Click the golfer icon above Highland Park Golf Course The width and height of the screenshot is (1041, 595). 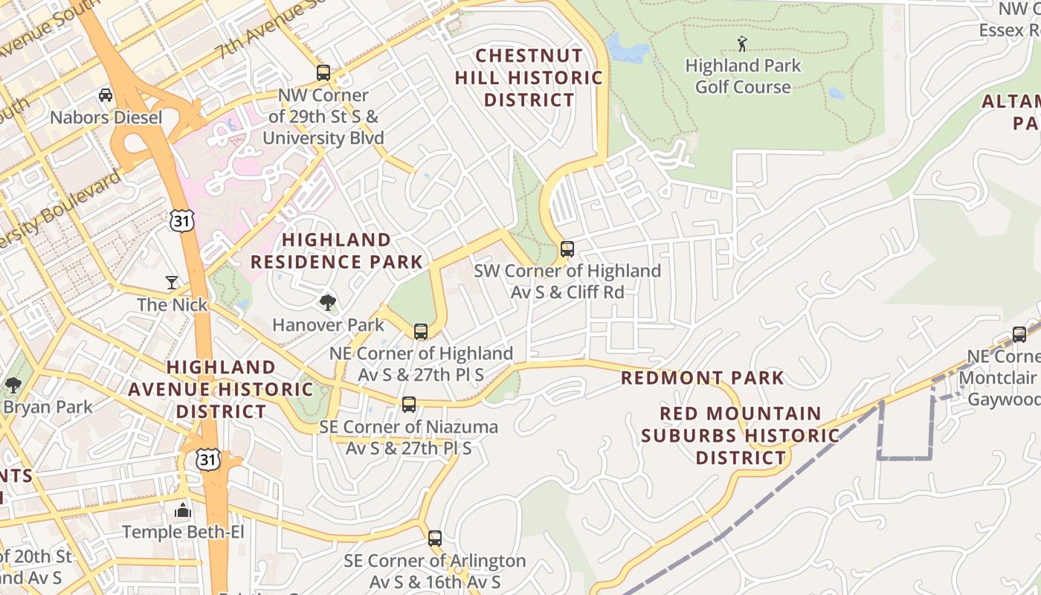[x=741, y=44]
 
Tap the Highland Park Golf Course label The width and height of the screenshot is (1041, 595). [x=743, y=76]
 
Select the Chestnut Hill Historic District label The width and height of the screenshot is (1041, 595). [x=529, y=77]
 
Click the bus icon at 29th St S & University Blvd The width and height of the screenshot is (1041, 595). [x=323, y=73]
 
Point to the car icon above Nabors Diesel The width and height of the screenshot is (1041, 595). [x=106, y=95]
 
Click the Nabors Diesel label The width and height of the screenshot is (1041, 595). [x=106, y=118]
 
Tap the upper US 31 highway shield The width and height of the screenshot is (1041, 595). [x=182, y=219]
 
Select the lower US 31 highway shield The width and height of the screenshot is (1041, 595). [x=209, y=459]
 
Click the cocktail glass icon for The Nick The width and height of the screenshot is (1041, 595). [x=173, y=283]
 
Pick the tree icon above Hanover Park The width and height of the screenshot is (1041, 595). [x=327, y=302]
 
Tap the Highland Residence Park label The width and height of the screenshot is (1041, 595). [x=336, y=251]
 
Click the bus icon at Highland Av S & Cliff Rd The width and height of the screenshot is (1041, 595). [x=567, y=249]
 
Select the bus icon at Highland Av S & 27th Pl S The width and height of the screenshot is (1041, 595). [x=421, y=332]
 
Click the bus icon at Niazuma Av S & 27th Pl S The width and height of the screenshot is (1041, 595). [x=409, y=405]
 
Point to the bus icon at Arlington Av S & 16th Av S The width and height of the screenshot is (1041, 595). [x=435, y=538]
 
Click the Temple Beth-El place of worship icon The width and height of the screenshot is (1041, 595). [x=182, y=510]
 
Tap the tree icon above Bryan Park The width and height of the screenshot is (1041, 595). [x=13, y=385]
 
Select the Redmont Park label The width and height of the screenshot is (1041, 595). [x=702, y=378]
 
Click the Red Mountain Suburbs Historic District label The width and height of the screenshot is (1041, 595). [x=741, y=435]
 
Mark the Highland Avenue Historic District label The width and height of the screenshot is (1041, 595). [x=221, y=389]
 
